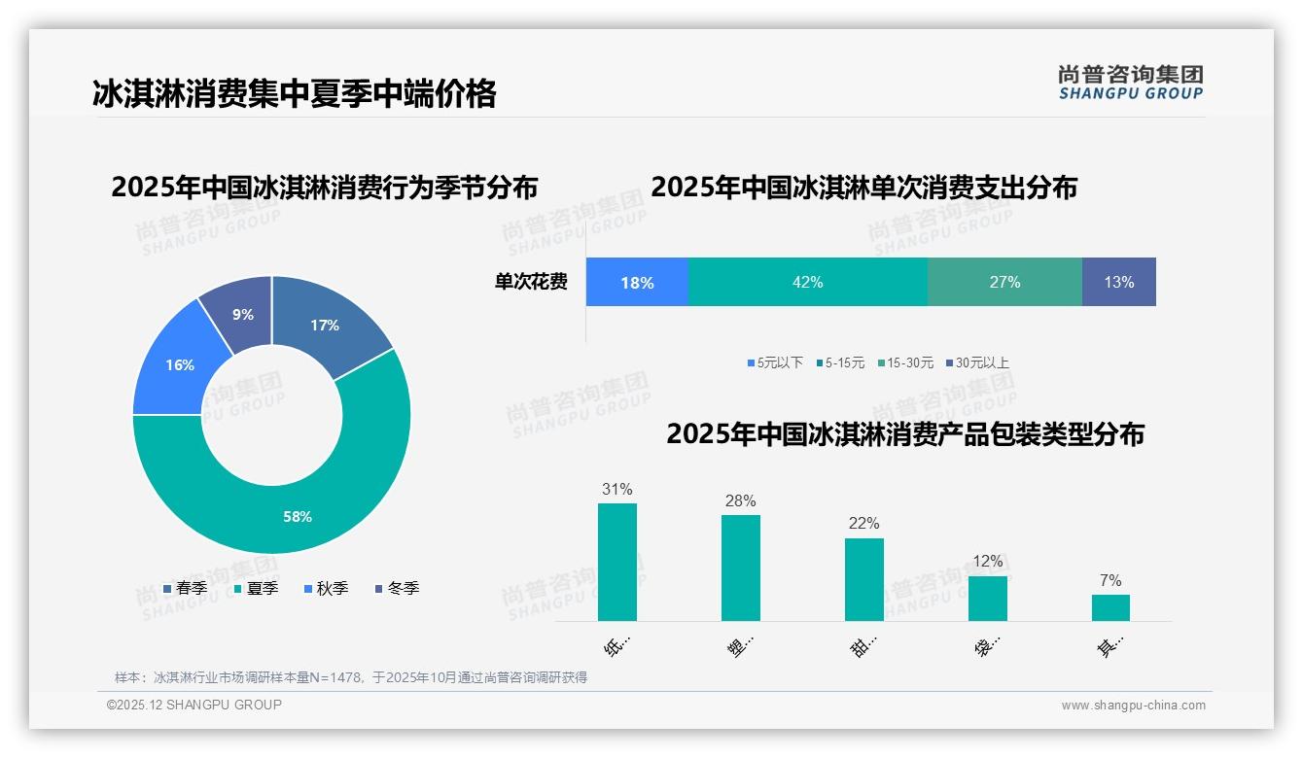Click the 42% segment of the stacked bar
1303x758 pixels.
807,282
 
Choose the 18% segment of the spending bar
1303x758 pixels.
637,282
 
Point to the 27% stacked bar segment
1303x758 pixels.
1004,282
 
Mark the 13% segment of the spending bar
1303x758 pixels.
1118,282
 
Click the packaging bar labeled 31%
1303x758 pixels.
616,562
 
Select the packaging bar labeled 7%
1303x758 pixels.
1110,607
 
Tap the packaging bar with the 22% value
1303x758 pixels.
863,579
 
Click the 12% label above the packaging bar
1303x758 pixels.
987,562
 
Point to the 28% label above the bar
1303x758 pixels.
740,501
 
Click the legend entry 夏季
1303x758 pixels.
256,589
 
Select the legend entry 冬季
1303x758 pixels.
397,589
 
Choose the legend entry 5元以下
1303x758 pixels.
775,363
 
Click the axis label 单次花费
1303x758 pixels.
531,283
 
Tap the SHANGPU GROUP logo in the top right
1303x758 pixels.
1130,82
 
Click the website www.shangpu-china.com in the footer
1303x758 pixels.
1133,706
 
